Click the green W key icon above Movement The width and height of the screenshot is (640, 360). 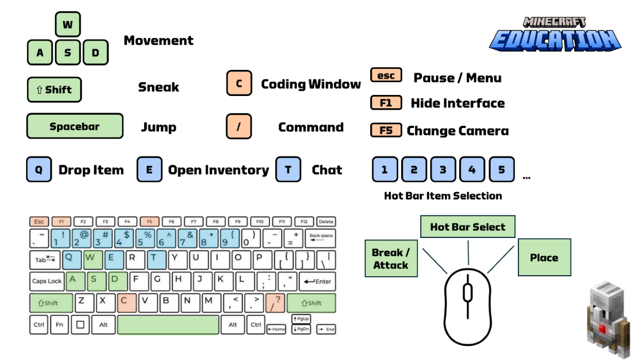click(68, 25)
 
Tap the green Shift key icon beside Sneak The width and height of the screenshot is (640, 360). click(54, 90)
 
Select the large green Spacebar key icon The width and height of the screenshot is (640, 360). click(75, 126)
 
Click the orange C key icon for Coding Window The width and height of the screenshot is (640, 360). click(239, 84)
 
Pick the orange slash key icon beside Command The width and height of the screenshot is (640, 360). click(239, 127)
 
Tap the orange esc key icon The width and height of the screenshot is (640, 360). click(386, 75)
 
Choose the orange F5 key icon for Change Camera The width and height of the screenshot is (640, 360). click(386, 130)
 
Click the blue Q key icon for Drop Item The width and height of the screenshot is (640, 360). click(39, 170)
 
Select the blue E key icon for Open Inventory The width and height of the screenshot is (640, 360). click(149, 170)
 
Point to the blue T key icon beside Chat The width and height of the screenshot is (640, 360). click(288, 170)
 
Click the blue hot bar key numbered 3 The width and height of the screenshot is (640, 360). click(443, 170)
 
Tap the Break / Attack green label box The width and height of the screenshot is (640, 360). click(391, 258)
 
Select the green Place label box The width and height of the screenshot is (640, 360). click(544, 258)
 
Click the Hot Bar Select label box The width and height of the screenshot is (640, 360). click(468, 227)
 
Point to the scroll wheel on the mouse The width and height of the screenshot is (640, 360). click(468, 292)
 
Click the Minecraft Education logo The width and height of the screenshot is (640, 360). click(555, 35)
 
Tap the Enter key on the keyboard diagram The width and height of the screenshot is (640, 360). click(317, 281)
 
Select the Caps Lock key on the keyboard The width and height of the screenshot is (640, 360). click(47, 281)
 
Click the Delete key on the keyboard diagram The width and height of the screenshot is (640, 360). click(326, 221)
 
